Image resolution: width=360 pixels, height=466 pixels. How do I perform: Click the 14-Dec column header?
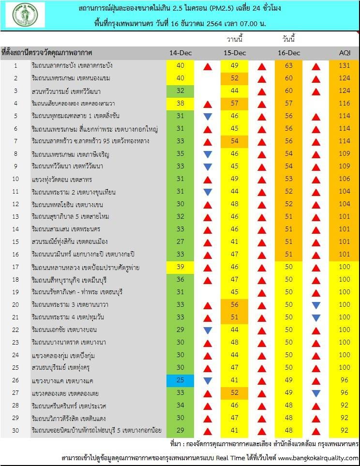tap(180, 52)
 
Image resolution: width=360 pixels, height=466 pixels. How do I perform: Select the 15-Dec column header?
tap(235, 52)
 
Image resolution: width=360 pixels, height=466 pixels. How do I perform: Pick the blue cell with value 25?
tap(180, 380)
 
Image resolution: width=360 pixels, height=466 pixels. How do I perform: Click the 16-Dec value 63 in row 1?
tap(289, 65)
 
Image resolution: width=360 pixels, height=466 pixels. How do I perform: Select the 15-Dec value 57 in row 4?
tap(235, 103)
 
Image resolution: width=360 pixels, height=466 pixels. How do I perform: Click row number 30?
tap(15, 430)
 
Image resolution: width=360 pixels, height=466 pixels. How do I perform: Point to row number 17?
tap(15, 267)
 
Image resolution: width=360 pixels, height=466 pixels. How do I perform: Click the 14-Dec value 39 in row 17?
tap(180, 267)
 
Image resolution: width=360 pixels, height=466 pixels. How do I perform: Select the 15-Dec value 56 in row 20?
tap(235, 304)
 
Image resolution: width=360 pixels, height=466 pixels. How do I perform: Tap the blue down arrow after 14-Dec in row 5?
tap(208, 116)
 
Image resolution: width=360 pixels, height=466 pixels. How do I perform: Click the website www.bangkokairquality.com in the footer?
tap(318, 458)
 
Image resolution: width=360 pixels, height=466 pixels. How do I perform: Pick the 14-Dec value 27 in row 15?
tap(180, 241)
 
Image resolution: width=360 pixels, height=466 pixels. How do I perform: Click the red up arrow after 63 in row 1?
tap(316, 66)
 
